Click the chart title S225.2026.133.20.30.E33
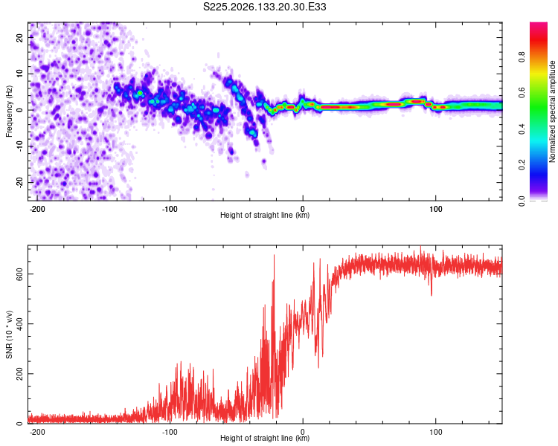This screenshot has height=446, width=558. pyautogui.click(x=264, y=7)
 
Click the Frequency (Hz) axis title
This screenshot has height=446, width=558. pyautogui.click(x=9, y=111)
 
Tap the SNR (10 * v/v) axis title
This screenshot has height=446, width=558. pyautogui.click(x=9, y=334)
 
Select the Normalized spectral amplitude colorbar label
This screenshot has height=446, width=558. pyautogui.click(x=552, y=111)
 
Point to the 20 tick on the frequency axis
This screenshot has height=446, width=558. pyautogui.click(x=19, y=37)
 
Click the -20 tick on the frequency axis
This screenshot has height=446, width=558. pyautogui.click(x=19, y=182)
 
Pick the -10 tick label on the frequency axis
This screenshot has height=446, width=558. pyautogui.click(x=19, y=146)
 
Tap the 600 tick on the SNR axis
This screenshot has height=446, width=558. pyautogui.click(x=19, y=274)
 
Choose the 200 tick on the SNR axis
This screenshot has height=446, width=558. pyautogui.click(x=19, y=374)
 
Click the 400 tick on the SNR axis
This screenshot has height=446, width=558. pyautogui.click(x=19, y=323)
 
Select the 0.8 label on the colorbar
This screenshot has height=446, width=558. pyautogui.click(x=522, y=57)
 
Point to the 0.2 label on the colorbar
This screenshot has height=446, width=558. pyautogui.click(x=522, y=165)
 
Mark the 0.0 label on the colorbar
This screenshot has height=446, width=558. pyautogui.click(x=522, y=201)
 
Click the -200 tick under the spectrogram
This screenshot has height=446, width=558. pyautogui.click(x=36, y=209)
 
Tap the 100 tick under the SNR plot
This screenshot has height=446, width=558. pyautogui.click(x=435, y=432)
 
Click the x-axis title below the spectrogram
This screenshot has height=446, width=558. pyautogui.click(x=265, y=215)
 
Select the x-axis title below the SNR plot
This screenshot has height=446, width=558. pyautogui.click(x=265, y=438)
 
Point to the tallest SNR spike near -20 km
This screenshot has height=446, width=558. pyautogui.click(x=274, y=256)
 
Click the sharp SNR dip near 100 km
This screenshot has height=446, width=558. pyautogui.click(x=432, y=294)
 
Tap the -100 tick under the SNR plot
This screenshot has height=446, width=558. pyautogui.click(x=170, y=432)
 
